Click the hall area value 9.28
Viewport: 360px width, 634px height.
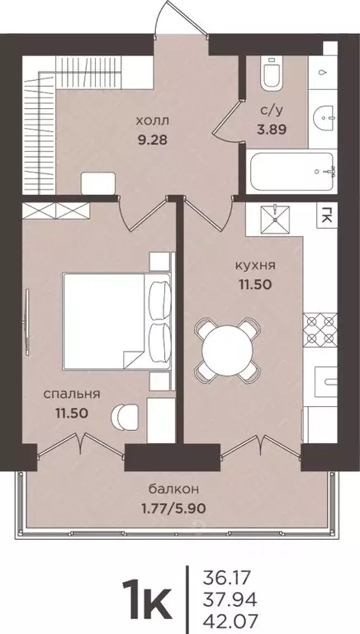tap(154, 139)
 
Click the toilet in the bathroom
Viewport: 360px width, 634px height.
tap(270, 74)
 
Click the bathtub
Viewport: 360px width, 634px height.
tap(290, 172)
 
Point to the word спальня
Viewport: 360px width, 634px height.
tap(73, 393)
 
